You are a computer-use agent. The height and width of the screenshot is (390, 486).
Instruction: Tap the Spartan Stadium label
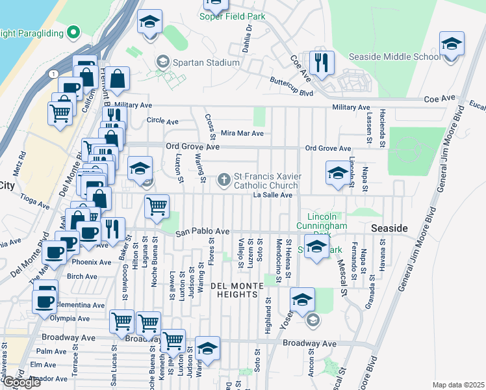(x=206, y=63)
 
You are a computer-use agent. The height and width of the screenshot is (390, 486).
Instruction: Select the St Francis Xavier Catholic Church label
(x=266, y=181)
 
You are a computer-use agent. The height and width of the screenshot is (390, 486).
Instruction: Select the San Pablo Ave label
(x=203, y=231)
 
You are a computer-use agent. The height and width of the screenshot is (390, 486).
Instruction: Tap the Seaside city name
(x=389, y=229)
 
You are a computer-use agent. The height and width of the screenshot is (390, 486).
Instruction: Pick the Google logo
(x=21, y=382)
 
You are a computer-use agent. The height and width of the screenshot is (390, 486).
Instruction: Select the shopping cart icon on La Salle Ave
(x=157, y=207)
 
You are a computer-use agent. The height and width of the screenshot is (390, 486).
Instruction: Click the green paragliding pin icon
(x=73, y=31)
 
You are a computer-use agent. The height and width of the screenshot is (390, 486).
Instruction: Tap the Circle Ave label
(x=162, y=121)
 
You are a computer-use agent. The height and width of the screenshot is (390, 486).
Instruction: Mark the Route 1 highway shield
(x=51, y=73)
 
